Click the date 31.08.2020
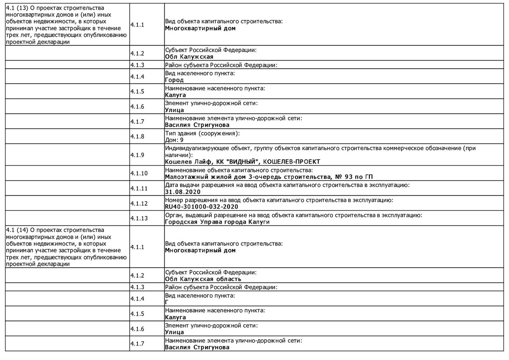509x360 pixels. [183, 192]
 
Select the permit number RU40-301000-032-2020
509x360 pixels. [202, 207]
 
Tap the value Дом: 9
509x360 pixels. [174, 140]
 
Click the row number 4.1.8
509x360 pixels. [137, 137]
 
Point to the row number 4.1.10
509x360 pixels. [139, 174]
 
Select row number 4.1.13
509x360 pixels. [139, 218]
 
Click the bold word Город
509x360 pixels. [174, 80]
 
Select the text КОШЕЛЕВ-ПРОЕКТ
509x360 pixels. [291, 162]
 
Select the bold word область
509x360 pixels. [229, 279]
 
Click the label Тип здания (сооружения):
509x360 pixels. [202, 133]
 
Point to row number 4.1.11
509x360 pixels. [139, 188]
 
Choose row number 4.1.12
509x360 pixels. [139, 203]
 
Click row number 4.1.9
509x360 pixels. [137, 155]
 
